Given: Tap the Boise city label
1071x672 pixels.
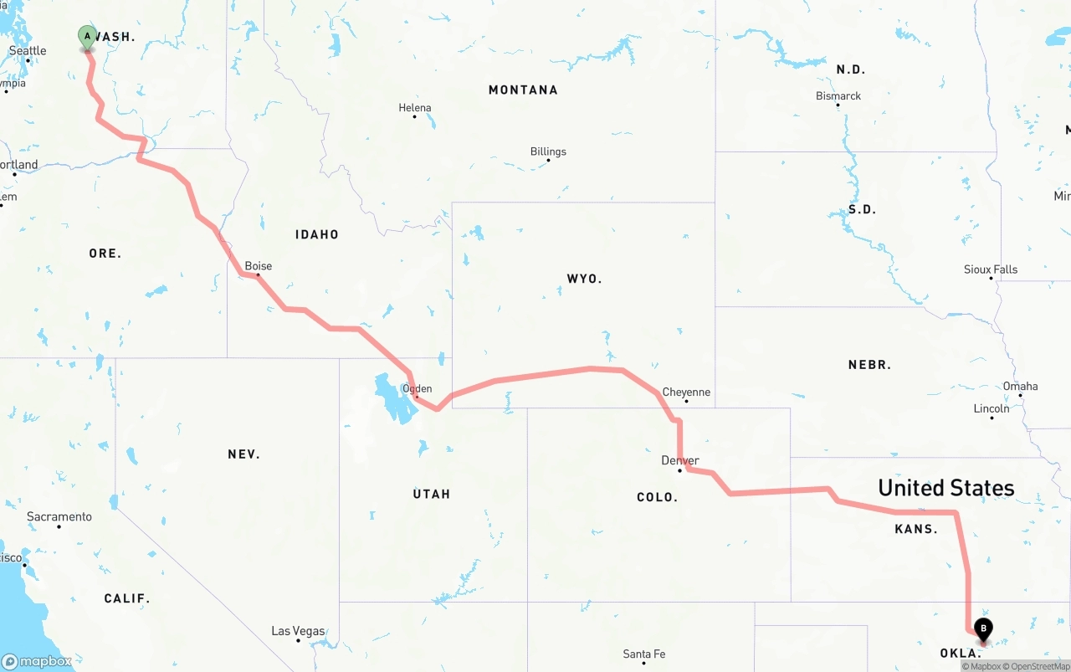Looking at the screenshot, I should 258,266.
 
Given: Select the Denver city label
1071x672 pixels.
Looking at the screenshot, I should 679,460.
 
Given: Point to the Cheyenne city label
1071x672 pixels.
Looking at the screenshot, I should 686,392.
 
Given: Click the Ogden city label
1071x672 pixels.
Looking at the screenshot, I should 417,388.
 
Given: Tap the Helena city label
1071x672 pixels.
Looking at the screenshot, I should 415,107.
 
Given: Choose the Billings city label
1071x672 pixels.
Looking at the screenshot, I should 548,151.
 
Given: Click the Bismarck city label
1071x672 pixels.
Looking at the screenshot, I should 838,95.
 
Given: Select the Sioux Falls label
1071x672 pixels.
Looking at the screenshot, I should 991,269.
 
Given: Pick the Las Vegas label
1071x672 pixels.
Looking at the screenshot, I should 298,631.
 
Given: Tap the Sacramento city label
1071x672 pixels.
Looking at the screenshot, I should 59,516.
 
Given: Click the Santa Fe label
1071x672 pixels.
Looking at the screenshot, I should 643,654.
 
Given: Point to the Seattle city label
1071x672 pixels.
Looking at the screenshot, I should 28,50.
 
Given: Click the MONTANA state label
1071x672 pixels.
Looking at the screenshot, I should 523,90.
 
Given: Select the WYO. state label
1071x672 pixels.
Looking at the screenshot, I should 584,279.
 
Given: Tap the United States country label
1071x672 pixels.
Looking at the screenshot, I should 945,488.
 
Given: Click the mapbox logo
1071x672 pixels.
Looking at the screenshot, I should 37,661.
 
